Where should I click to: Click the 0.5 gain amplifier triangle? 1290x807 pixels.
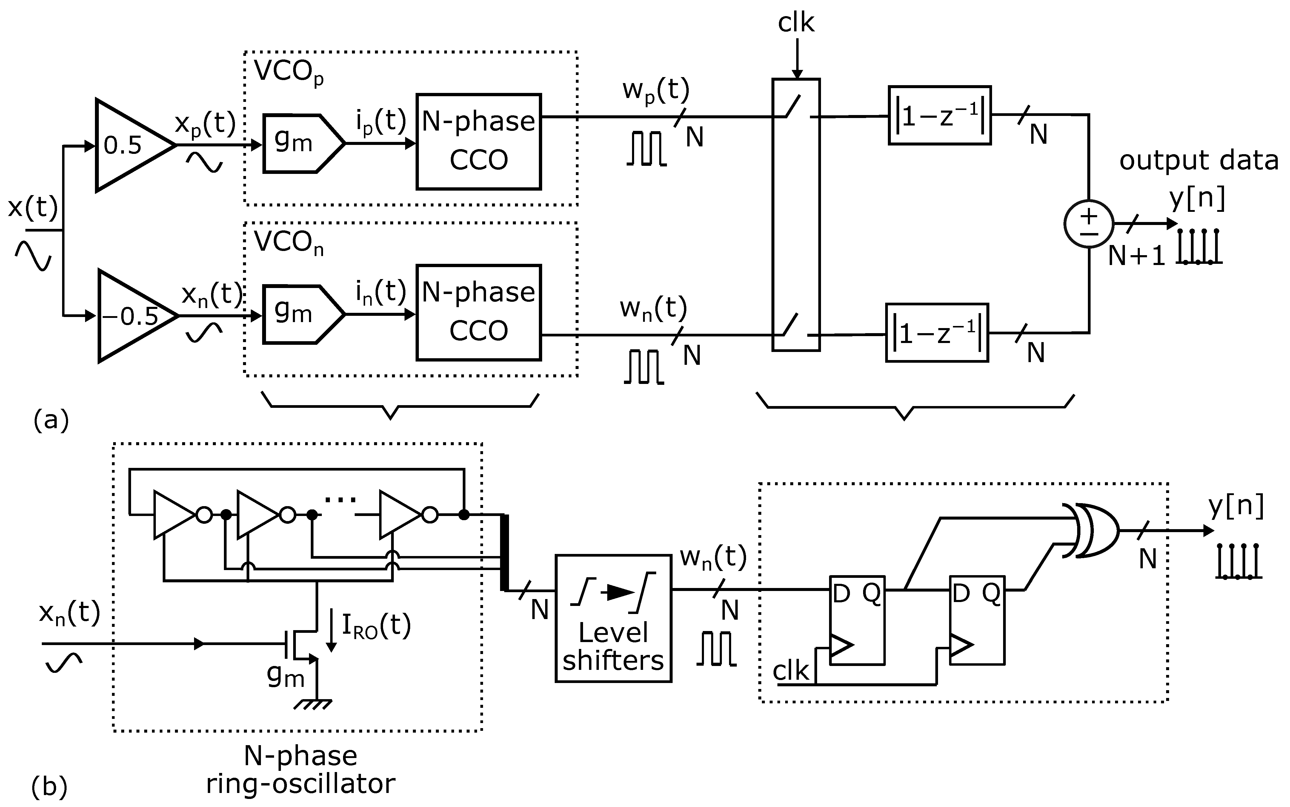[128, 145]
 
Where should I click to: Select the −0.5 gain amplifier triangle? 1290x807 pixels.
[131, 316]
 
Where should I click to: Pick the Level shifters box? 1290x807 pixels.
[613, 618]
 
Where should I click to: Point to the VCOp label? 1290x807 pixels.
[288, 72]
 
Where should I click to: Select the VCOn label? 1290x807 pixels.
[288, 243]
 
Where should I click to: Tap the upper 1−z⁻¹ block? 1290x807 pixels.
[940, 115]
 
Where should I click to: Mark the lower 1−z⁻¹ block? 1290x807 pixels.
[937, 333]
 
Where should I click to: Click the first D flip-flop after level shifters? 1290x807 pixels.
[857, 620]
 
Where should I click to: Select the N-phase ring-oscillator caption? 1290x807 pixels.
[300, 770]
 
